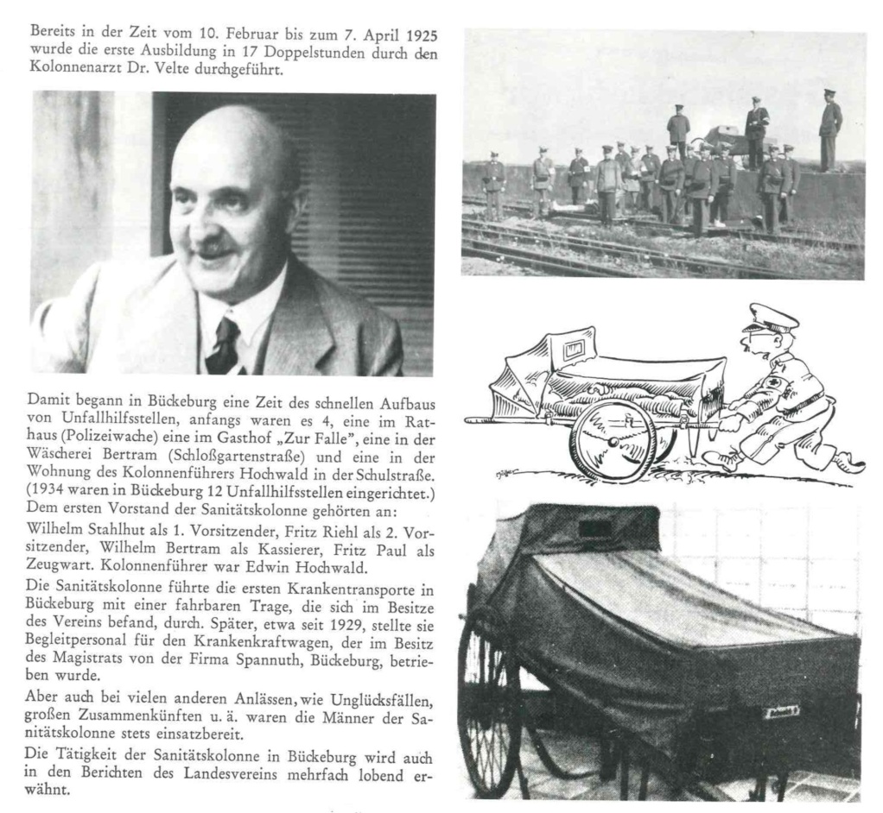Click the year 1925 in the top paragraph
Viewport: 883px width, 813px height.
(420, 35)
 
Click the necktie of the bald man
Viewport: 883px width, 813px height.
(224, 343)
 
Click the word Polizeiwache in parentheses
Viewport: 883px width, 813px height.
(86, 438)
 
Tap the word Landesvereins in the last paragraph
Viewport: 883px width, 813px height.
(222, 773)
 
